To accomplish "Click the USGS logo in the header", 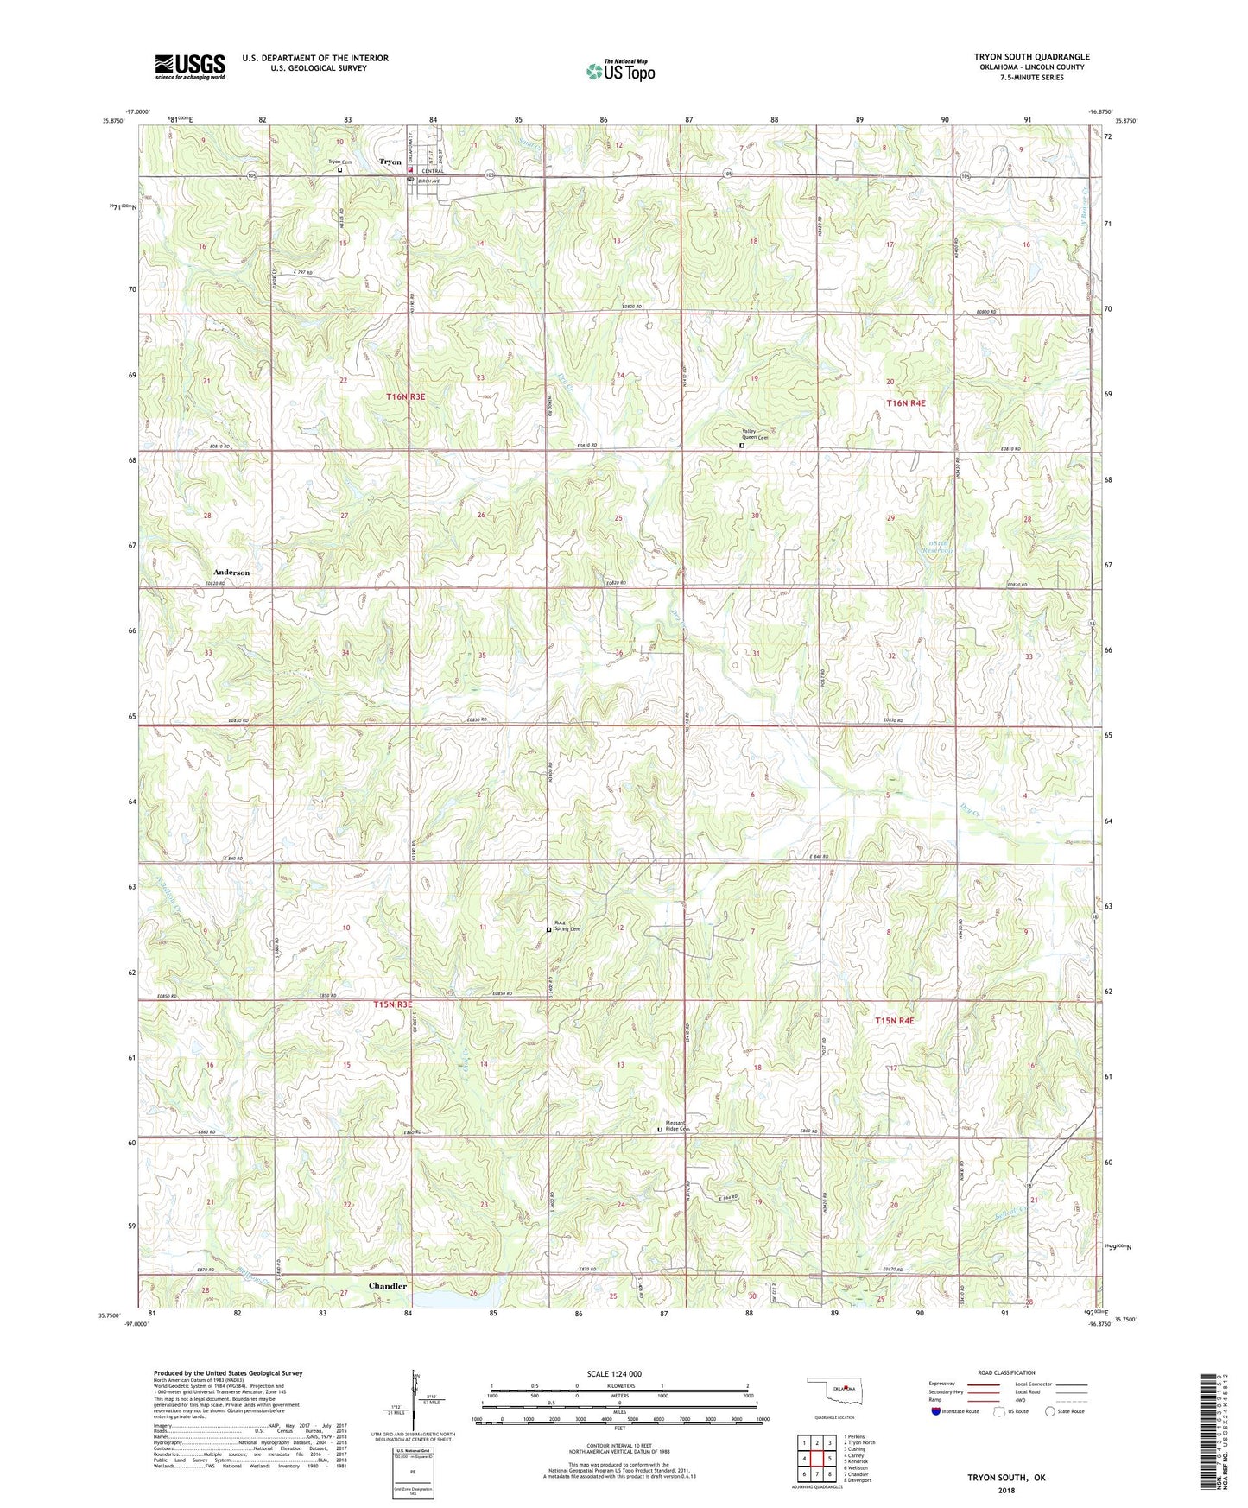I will coord(189,67).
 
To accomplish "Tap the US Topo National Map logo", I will coord(620,70).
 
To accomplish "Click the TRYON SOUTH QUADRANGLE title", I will coord(1031,57).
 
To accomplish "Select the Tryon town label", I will coord(390,162).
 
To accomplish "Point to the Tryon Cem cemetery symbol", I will coord(339,170).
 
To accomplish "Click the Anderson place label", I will coord(231,573).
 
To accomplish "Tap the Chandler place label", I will coord(387,1286).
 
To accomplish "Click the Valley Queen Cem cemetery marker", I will coord(742,447).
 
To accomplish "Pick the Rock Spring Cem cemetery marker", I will coord(549,929).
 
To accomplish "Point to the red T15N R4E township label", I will coord(894,1021).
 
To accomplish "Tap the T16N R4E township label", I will coord(906,403).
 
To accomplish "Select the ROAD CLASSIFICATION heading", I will coord(1006,1372).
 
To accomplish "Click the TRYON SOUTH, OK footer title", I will coord(1006,1478).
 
